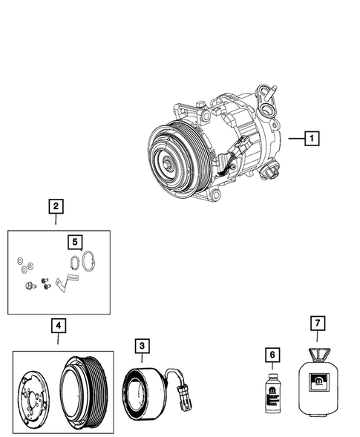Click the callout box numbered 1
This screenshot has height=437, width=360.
[312, 138]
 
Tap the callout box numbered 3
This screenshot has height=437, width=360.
[141, 345]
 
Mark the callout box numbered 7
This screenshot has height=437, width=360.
[317, 323]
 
